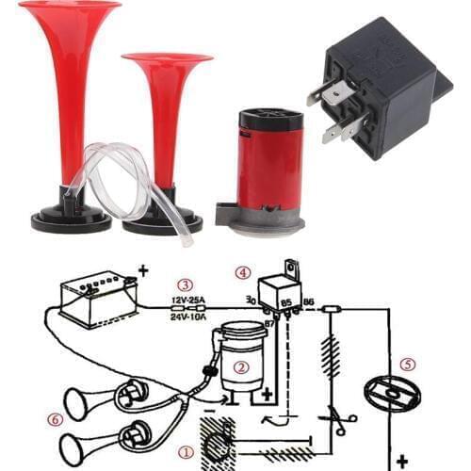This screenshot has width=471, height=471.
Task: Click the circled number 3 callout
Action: click(x=186, y=284)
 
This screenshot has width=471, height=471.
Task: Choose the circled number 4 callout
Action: click(x=243, y=272)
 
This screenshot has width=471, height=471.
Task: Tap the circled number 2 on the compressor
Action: click(x=241, y=367)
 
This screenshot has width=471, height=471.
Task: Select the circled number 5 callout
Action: click(x=407, y=362)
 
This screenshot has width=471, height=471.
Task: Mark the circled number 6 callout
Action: click(x=56, y=417)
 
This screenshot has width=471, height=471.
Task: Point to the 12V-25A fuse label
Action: click(x=189, y=301)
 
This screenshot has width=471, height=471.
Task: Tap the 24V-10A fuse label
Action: click(x=189, y=317)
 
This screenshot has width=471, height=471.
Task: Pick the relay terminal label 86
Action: click(x=307, y=301)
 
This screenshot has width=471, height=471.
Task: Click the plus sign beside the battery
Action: click(x=143, y=271)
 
